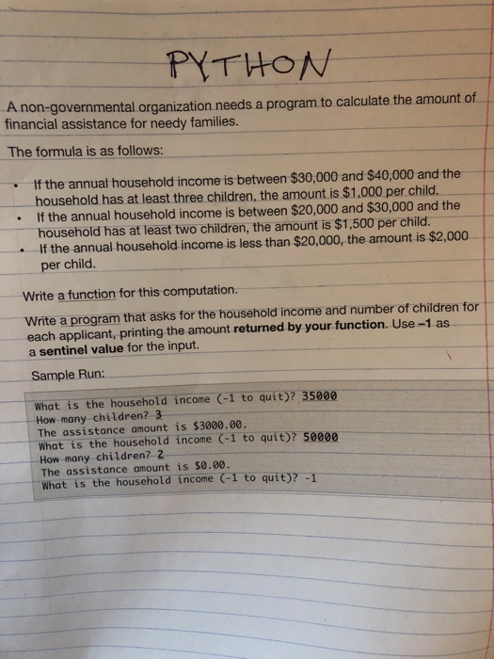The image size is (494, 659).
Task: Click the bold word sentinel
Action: click(x=59, y=350)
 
